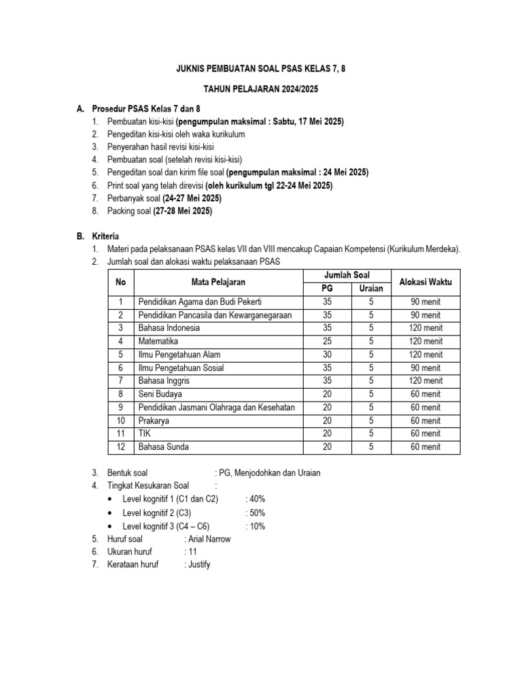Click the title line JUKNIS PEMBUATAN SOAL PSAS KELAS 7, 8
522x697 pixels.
(x=261, y=68)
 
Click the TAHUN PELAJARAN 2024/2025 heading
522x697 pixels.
(x=261, y=89)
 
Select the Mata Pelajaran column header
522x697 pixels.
(x=218, y=282)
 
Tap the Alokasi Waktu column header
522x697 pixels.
(x=425, y=282)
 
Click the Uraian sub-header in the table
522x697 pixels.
(x=371, y=289)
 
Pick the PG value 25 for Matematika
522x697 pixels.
(x=327, y=341)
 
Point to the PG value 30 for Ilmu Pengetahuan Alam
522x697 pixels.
(x=327, y=355)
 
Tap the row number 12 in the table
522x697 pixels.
(x=120, y=447)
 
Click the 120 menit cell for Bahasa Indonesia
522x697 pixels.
(x=425, y=328)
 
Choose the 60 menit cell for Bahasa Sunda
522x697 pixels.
(x=425, y=447)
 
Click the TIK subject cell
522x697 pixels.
(x=144, y=434)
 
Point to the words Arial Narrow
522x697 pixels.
(x=209, y=539)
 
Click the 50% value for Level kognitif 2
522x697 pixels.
(x=256, y=513)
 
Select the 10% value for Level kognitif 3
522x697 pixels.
(x=256, y=526)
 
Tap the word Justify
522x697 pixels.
(x=198, y=565)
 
